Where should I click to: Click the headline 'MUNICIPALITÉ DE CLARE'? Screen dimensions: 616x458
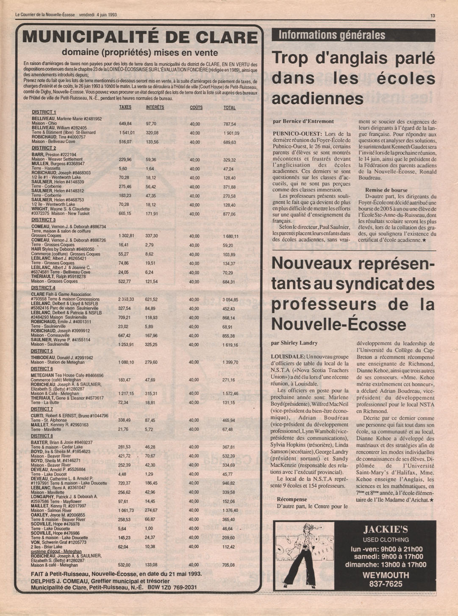(140, 37)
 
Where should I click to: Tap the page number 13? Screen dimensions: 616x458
(433, 16)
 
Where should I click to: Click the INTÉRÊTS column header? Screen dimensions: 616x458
(155, 108)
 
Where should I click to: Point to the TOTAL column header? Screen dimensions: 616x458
(230, 108)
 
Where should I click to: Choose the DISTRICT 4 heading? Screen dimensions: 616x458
(43, 288)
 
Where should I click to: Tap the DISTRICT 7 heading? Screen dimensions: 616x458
(42, 409)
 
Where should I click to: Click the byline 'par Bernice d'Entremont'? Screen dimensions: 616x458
(303, 122)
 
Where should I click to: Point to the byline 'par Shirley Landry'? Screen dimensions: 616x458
(294, 343)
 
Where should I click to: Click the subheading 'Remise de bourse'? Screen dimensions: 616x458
(386, 190)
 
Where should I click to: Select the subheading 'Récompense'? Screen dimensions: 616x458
(292, 499)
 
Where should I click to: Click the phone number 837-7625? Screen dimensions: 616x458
(386, 584)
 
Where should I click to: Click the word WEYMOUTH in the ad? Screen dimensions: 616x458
(386, 575)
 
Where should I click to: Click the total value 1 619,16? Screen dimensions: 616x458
(230, 345)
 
